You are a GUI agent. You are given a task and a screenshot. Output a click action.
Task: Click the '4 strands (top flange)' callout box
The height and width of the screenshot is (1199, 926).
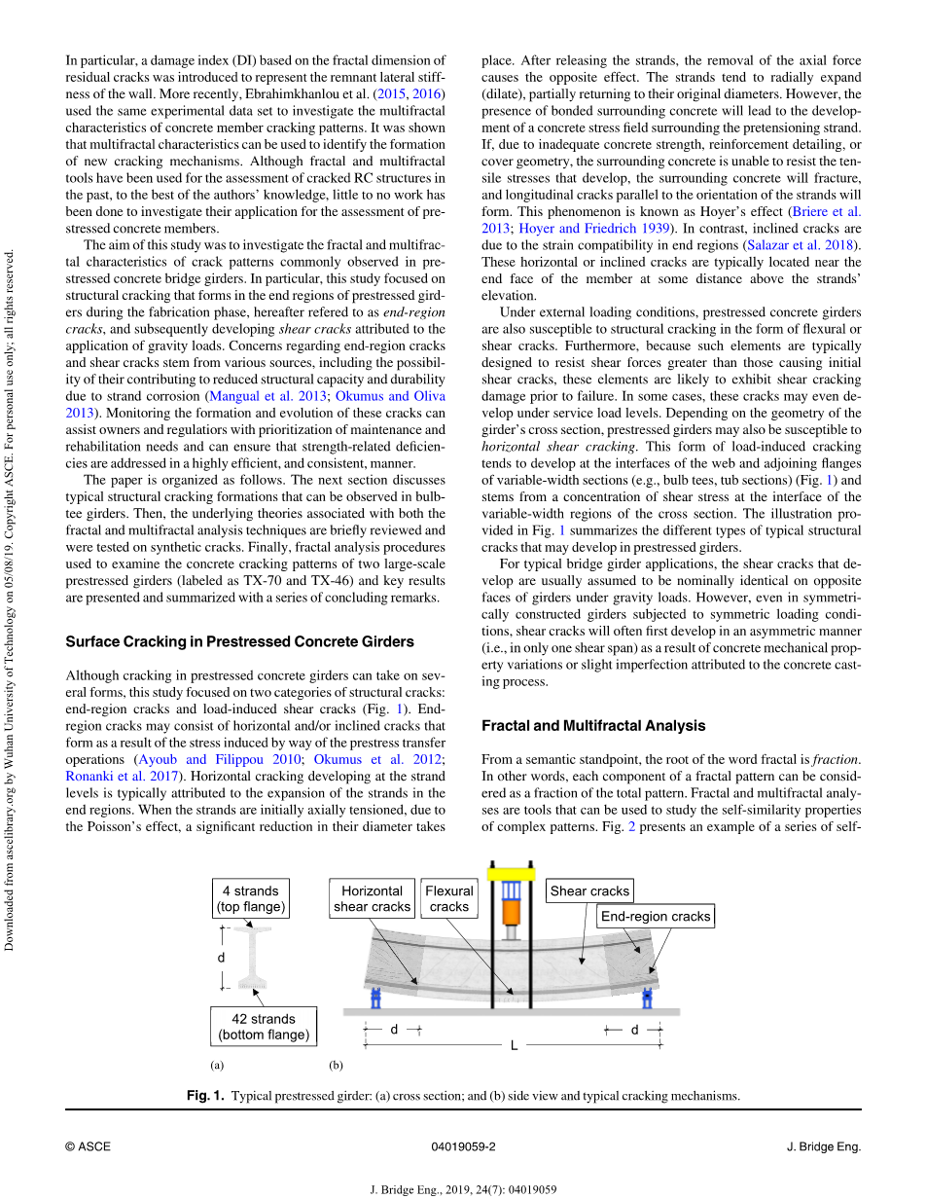(251, 898)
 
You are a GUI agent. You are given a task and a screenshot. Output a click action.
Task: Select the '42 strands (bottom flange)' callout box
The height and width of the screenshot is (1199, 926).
(264, 1027)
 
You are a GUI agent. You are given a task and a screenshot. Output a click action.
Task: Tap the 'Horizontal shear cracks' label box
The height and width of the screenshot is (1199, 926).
(372, 898)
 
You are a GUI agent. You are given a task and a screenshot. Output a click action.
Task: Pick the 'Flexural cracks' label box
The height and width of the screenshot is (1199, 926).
(449, 898)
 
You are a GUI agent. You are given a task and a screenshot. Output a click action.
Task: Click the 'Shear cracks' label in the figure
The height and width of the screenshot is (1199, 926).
(590, 890)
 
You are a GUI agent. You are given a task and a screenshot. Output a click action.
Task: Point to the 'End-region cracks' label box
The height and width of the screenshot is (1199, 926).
(656, 916)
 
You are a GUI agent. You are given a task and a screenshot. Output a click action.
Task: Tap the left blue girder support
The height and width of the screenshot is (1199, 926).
(375, 999)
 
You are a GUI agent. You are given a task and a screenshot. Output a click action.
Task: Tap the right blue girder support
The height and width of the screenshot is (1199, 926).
(647, 999)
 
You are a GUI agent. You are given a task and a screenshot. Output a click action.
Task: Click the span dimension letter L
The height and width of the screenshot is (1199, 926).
(515, 1046)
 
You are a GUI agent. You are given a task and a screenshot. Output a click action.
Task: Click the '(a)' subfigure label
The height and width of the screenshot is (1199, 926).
(217, 1065)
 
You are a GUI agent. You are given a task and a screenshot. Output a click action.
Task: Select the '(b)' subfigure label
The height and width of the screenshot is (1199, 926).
(336, 1065)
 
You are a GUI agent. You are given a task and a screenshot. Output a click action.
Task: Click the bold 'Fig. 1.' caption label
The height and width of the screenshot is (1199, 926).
(205, 1096)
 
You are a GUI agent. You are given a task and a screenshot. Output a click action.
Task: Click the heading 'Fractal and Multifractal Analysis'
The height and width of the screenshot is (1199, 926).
(593, 726)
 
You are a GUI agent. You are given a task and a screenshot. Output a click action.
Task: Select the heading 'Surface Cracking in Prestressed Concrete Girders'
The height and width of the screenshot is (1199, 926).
(239, 642)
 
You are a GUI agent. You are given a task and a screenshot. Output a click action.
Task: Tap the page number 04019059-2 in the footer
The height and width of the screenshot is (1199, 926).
(463, 1146)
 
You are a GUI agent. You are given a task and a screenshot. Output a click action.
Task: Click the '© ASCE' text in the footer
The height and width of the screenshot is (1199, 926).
(88, 1146)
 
